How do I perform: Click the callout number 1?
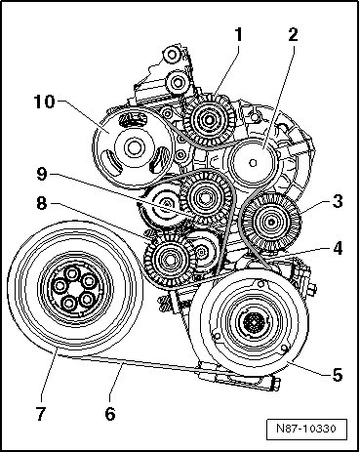click(x=239, y=35)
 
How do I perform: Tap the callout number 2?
click(x=293, y=35)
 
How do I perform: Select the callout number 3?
click(x=338, y=201)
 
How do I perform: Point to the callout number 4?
click(x=338, y=248)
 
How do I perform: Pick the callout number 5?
click(x=338, y=375)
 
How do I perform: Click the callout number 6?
click(x=110, y=414)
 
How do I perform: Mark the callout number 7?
click(x=40, y=414)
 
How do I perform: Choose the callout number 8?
click(x=42, y=204)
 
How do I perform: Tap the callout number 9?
click(x=42, y=174)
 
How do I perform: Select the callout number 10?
click(x=44, y=102)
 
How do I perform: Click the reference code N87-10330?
click(x=306, y=428)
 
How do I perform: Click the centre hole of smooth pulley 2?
click(x=254, y=162)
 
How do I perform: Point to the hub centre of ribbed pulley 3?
click(x=271, y=223)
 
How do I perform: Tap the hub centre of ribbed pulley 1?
click(x=209, y=120)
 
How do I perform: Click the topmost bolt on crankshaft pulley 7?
click(x=71, y=272)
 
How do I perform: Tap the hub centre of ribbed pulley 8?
click(x=169, y=260)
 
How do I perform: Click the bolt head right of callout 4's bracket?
click(x=312, y=289)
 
